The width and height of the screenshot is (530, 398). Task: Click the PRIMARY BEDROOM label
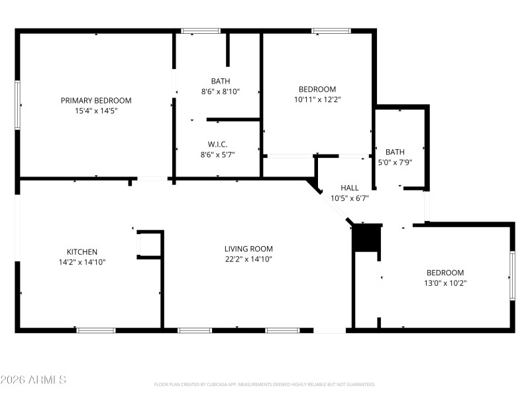[x=96, y=100]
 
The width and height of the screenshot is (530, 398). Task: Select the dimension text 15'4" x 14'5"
[x=96, y=111]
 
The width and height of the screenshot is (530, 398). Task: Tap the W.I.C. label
[x=218, y=144]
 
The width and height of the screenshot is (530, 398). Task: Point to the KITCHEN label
[x=82, y=251]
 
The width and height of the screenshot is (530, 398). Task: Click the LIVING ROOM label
[x=248, y=249]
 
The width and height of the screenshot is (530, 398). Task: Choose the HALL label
[x=350, y=188]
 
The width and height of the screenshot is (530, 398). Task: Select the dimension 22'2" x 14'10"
[x=248, y=259]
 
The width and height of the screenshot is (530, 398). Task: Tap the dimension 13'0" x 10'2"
[x=445, y=283]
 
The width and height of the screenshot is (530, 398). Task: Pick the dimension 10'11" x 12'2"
[x=317, y=99]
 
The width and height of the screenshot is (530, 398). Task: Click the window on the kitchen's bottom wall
[x=96, y=330]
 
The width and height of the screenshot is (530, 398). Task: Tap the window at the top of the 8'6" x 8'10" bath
[x=201, y=31]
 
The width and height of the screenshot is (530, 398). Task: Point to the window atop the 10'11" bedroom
[x=331, y=31]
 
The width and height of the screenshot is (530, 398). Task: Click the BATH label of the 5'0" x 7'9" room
[x=395, y=152]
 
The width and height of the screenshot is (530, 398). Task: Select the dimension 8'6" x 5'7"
[x=218, y=155]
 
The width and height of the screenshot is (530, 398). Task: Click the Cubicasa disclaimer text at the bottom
[x=265, y=384]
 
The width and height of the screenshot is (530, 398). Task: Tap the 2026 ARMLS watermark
[x=33, y=380]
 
